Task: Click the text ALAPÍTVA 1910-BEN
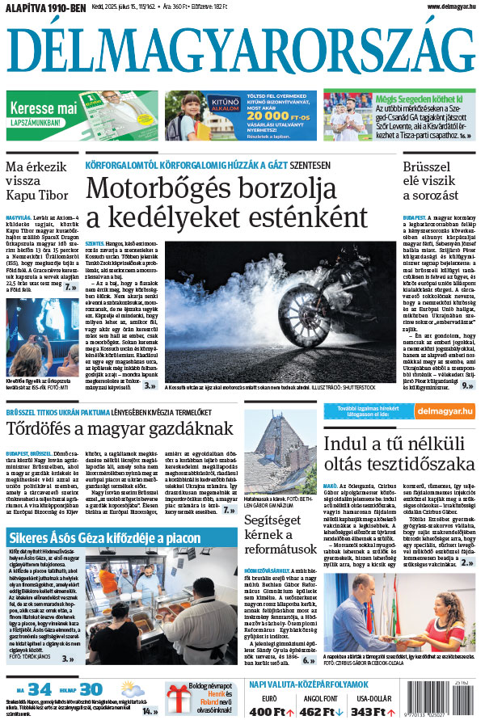pos(47,9)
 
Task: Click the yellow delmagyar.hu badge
pos(447,411)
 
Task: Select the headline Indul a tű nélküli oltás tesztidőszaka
pos(399,455)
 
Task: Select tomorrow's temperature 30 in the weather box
pos(90,689)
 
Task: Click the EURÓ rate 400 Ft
pos(271,712)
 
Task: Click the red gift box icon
pos(178,700)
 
